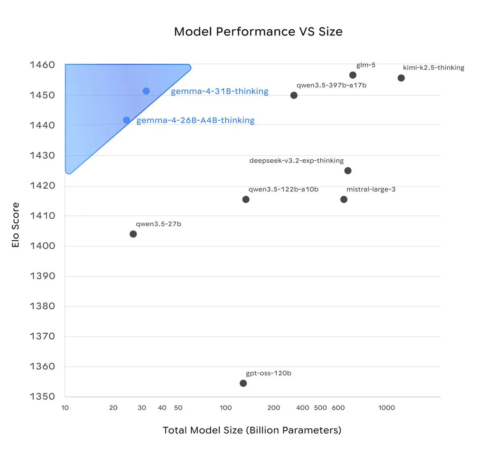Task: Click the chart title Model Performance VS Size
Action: point(258,31)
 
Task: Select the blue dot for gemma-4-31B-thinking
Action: point(146,91)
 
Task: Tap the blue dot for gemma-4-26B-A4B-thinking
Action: point(126,120)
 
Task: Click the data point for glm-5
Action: point(353,75)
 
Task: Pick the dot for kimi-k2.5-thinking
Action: point(401,78)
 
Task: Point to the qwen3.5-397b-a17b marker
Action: point(294,95)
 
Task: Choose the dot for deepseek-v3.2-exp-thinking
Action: point(348,171)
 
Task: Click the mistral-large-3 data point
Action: point(344,199)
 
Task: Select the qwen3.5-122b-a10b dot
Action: point(246,199)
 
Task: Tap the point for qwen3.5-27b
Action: point(133,234)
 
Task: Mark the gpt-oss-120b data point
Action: point(243,383)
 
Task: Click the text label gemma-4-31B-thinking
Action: point(219,91)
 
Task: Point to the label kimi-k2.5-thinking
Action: point(434,68)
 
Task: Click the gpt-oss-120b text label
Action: point(269,373)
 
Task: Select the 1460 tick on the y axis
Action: point(42,65)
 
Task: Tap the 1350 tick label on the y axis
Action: point(42,396)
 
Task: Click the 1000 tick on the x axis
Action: point(386,408)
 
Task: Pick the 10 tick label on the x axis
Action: point(65,408)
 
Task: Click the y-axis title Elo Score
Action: point(15,225)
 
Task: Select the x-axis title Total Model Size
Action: point(252,430)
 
